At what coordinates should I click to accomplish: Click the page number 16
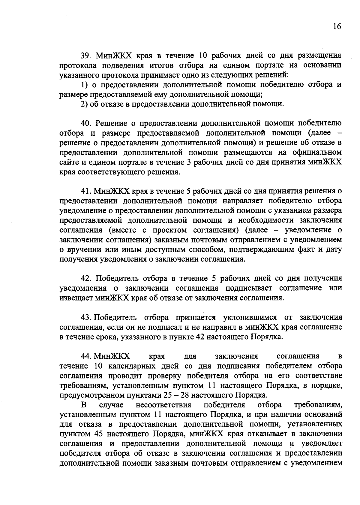click(x=337, y=27)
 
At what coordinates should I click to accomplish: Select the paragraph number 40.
click(x=85, y=123)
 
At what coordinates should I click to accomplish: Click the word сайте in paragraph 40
click(x=68, y=162)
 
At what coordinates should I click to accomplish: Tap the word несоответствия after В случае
click(x=163, y=405)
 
